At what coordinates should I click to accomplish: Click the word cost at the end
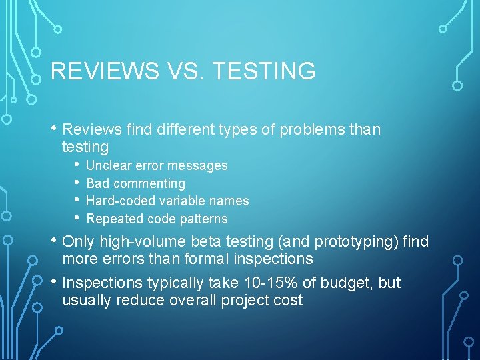click(288, 300)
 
